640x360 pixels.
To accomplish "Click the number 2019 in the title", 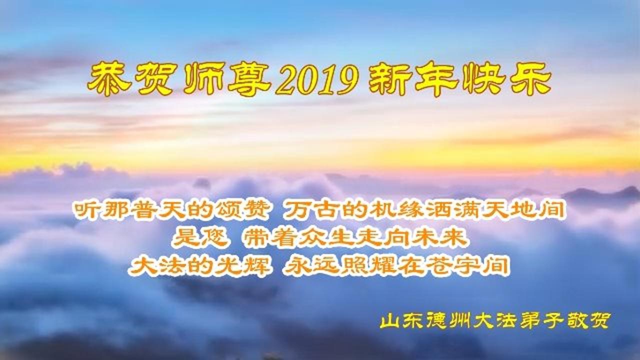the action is [317, 79].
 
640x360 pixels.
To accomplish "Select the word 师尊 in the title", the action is [227, 79].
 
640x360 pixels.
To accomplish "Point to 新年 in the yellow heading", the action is [413, 79].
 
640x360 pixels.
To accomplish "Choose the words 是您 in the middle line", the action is [200, 238].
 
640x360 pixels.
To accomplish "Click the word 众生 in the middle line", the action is [325, 238].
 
